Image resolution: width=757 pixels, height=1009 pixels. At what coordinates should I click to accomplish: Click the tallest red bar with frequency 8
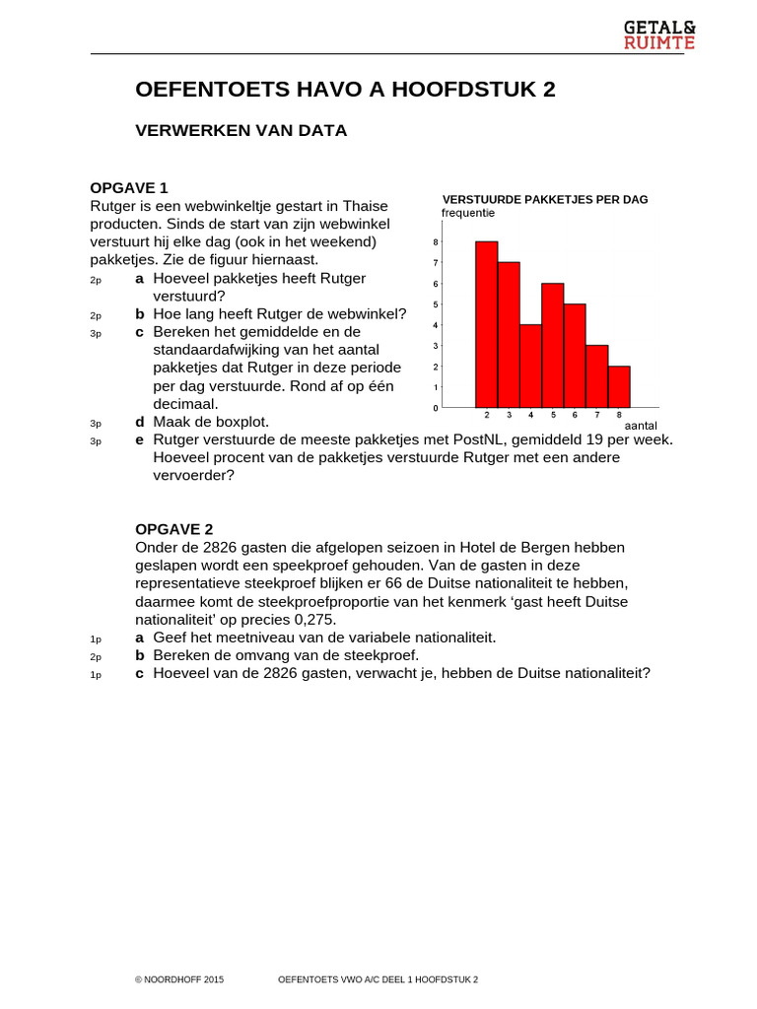click(487, 324)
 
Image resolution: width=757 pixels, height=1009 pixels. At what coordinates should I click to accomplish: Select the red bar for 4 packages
click(530, 366)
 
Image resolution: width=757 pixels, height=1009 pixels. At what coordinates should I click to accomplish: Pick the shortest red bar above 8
click(619, 386)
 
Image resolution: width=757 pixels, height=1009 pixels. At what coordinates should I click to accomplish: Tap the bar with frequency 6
click(553, 345)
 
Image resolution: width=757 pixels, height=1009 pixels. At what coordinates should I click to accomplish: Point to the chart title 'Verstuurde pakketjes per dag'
click(545, 199)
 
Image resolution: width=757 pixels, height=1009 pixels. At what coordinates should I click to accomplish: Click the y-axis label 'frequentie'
click(468, 213)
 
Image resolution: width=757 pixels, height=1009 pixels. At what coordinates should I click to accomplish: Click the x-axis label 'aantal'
click(641, 425)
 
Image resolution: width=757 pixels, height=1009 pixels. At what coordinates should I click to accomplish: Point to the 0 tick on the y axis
click(436, 407)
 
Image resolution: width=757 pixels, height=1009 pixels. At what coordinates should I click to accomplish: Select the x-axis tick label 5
click(553, 415)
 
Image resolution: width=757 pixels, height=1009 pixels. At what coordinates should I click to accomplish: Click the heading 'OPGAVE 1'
click(129, 187)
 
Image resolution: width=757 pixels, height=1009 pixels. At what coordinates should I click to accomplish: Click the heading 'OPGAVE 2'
click(173, 529)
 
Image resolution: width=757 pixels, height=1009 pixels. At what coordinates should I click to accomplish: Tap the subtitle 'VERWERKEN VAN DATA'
click(241, 130)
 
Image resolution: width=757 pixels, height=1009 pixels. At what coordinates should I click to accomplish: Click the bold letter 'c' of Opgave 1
click(139, 332)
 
